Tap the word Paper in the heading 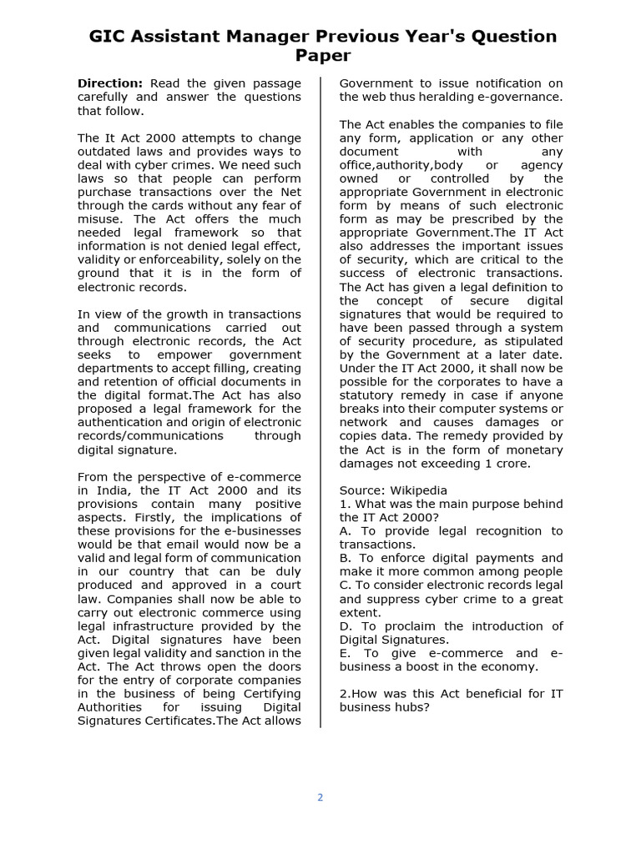click(322, 56)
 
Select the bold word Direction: click(110, 83)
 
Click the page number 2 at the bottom click(320, 797)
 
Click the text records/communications click(150, 436)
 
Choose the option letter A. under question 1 click(346, 531)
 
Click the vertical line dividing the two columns click(321, 400)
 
